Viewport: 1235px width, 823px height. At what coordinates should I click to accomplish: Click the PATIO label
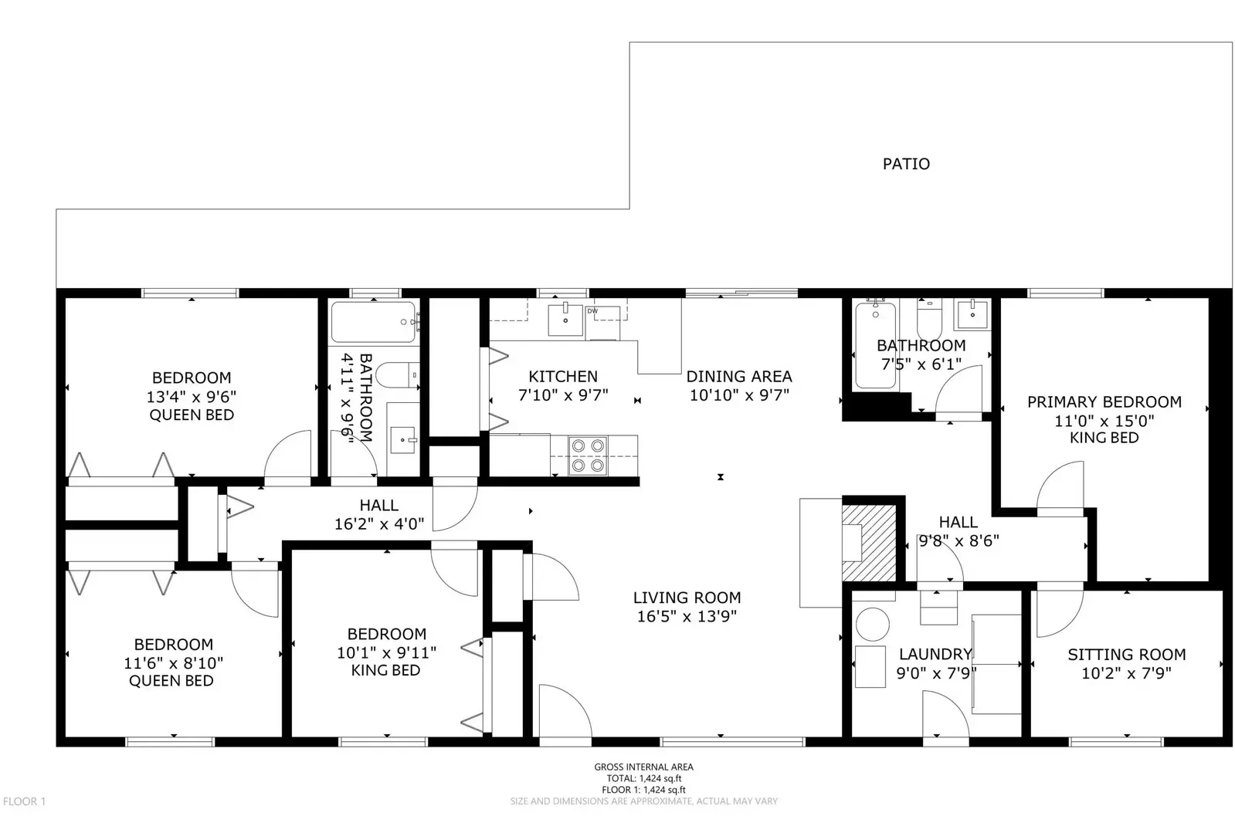pos(906,164)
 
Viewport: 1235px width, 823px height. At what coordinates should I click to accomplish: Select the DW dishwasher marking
pos(592,311)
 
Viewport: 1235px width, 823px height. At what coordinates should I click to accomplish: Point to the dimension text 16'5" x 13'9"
pos(687,616)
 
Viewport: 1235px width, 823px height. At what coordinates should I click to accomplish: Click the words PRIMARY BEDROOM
pos(1104,401)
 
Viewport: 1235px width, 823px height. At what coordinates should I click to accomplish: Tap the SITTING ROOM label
pos(1126,654)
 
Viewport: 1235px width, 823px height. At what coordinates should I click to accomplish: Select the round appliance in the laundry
pos(873,624)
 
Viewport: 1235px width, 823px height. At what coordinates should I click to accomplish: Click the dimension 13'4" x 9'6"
pos(191,397)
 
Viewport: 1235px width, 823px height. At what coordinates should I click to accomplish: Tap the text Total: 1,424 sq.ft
pos(643,778)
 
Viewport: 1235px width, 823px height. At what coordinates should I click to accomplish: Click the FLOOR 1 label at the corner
pos(24,801)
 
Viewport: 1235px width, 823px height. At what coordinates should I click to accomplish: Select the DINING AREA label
pos(738,376)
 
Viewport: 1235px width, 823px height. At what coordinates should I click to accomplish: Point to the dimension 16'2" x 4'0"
pos(378,524)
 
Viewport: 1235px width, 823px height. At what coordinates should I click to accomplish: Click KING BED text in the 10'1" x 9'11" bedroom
pos(385,670)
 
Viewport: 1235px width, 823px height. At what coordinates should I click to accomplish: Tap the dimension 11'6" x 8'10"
pos(173,663)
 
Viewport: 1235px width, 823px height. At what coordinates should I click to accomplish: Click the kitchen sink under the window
pos(565,320)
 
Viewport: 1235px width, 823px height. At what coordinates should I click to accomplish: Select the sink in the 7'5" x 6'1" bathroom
pos(972,315)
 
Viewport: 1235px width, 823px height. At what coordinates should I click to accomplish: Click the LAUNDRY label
pos(935,654)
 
